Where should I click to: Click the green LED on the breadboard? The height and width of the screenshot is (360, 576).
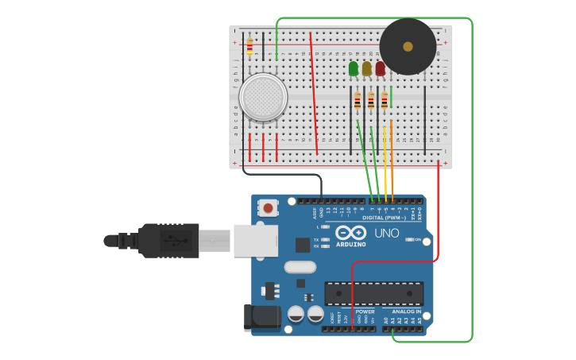pos(354,69)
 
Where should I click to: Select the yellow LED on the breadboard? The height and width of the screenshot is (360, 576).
pos(366,69)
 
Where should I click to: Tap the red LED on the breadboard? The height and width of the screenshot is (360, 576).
pos(380,69)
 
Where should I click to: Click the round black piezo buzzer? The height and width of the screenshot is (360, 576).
pos(408,47)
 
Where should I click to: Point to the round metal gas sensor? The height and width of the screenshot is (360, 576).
pos(263,98)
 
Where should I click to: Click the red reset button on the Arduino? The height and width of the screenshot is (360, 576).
pos(269,208)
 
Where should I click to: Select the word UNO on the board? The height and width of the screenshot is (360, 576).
pos(386,233)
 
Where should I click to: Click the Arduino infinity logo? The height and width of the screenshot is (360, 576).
pos(350,233)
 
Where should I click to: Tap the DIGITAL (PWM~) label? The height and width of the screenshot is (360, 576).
pos(384,218)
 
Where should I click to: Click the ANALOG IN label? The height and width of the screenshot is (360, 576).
pos(406,312)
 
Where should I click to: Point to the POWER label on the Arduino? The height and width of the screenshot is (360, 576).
pos(365,312)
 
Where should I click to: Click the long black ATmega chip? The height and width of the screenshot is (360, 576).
pos(373,292)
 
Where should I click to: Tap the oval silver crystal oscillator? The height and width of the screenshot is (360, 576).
pos(300,267)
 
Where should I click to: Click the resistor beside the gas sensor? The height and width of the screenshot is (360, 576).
pos(249,47)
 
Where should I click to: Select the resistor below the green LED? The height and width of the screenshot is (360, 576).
pos(358,101)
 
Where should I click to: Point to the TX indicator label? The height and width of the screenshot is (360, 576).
pos(316,239)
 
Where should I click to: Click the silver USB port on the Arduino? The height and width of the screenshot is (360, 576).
pos(255,240)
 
